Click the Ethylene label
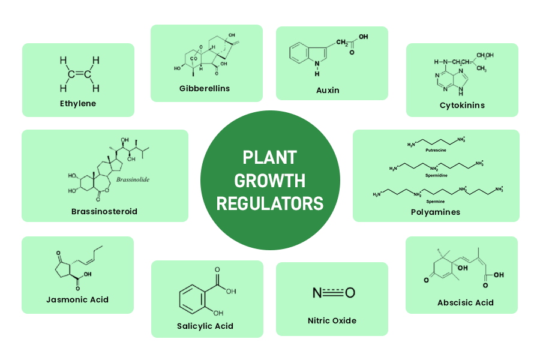click(x=78, y=103)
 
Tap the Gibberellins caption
click(x=205, y=89)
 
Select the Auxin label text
click(x=328, y=90)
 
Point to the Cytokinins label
click(x=461, y=105)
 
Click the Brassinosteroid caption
click(x=104, y=211)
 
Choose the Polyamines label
click(x=436, y=212)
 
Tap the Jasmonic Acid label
click(x=77, y=299)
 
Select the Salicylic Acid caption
click(x=205, y=326)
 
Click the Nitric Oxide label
click(x=332, y=320)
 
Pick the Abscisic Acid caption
click(x=466, y=302)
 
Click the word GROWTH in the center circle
click(x=269, y=180)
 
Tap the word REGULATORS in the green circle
click(x=269, y=203)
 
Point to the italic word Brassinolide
click(x=132, y=179)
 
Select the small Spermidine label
click(x=436, y=176)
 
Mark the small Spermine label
click(x=436, y=202)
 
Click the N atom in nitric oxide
click(x=317, y=293)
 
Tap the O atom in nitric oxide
click(x=350, y=293)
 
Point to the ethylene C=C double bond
click(x=79, y=74)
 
